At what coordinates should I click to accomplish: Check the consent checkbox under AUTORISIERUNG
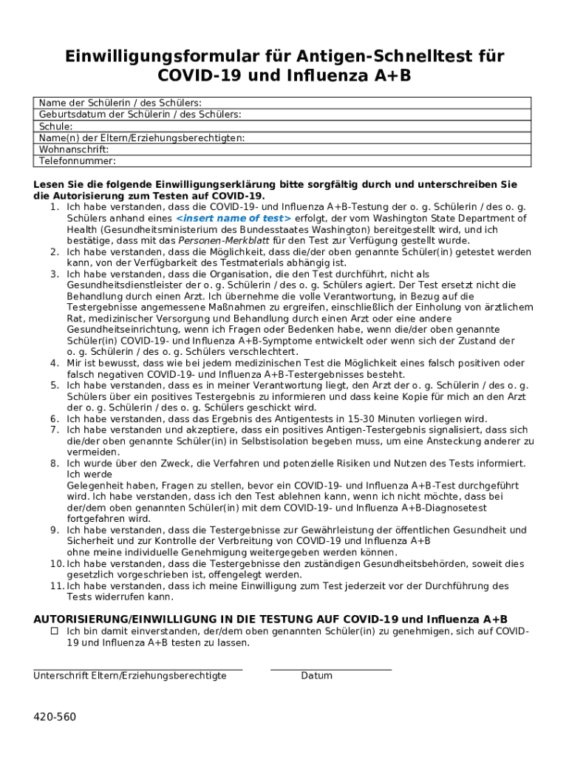coord(54,631)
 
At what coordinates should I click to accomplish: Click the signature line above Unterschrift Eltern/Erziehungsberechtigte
coord(137,669)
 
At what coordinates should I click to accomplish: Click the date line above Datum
coord(330,669)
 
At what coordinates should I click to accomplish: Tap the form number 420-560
coord(54,717)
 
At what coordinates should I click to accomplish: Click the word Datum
coord(316,676)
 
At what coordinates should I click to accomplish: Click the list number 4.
coord(54,363)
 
